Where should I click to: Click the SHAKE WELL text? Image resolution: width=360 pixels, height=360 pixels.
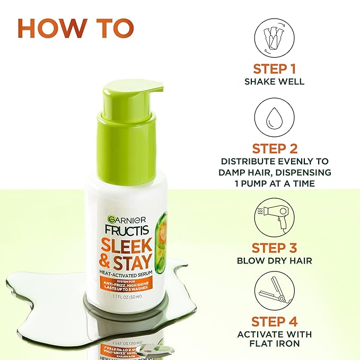click(x=274, y=82)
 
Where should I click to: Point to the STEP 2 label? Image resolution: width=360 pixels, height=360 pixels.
click(x=274, y=148)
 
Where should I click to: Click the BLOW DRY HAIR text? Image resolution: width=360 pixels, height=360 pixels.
click(x=274, y=261)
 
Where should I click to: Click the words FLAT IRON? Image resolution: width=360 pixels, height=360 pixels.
click(x=274, y=344)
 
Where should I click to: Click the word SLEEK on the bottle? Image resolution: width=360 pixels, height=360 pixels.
click(x=122, y=244)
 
